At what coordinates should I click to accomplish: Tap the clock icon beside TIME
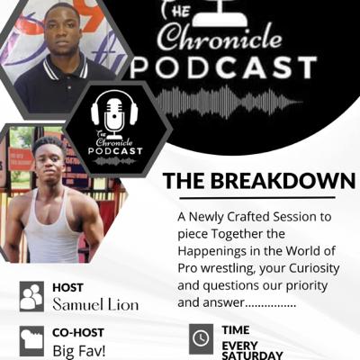click(201, 338)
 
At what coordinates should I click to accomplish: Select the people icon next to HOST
click(31, 296)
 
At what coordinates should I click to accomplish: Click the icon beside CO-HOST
click(31, 341)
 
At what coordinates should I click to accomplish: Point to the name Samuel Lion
click(95, 305)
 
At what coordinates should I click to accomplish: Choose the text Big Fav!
click(79, 350)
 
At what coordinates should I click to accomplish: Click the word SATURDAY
click(252, 355)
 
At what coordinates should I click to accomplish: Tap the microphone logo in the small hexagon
click(114, 114)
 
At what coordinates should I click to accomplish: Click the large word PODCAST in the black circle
click(223, 68)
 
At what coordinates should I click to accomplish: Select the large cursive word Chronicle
click(220, 38)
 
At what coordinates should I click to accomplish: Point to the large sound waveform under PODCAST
click(228, 102)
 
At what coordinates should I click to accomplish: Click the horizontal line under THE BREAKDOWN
click(257, 198)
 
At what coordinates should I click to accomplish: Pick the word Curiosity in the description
click(314, 268)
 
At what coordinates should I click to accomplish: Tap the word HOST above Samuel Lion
click(67, 287)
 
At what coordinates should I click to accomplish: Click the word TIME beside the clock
click(236, 330)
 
